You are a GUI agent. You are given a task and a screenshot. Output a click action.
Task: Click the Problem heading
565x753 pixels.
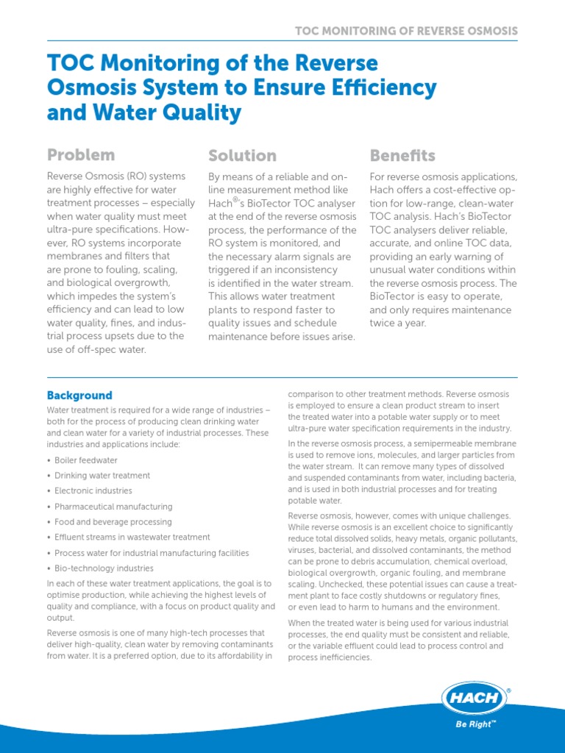pos(81,155)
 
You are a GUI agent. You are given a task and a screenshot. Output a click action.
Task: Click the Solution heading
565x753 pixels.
pos(242,155)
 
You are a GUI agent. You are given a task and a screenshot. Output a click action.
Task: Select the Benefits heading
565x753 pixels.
pos(402,155)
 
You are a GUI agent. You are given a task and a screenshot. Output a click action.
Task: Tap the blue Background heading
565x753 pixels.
pos(79,395)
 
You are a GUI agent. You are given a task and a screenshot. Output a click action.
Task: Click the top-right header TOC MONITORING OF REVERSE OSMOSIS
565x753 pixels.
pos(406,31)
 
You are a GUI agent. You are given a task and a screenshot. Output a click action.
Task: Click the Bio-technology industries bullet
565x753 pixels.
pos(104,568)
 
